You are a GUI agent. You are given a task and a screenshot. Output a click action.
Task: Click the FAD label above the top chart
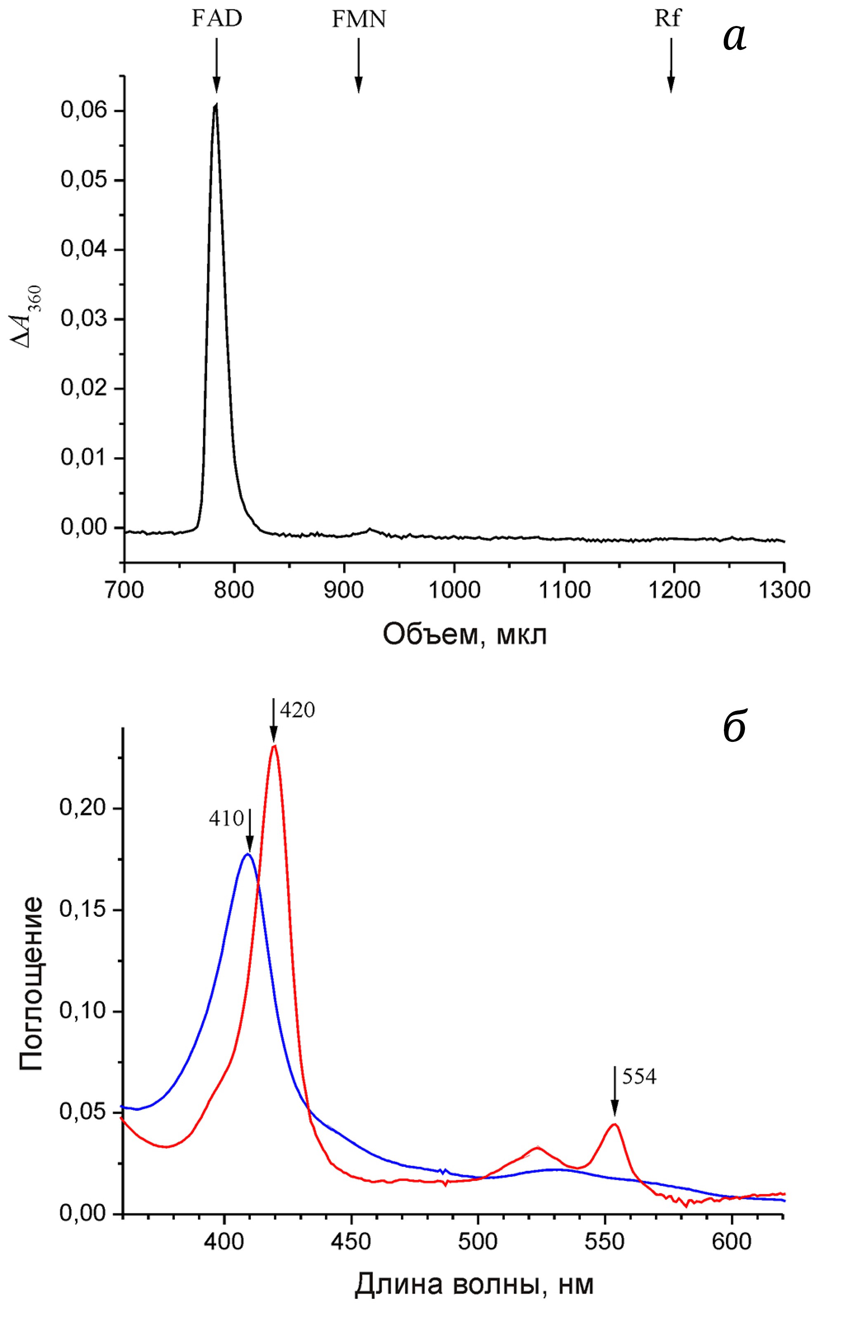coord(217,19)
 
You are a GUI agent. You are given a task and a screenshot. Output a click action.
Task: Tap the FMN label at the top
coord(358,20)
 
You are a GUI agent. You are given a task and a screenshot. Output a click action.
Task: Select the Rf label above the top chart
coord(667,19)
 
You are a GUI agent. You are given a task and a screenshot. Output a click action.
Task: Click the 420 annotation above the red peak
coord(297,710)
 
